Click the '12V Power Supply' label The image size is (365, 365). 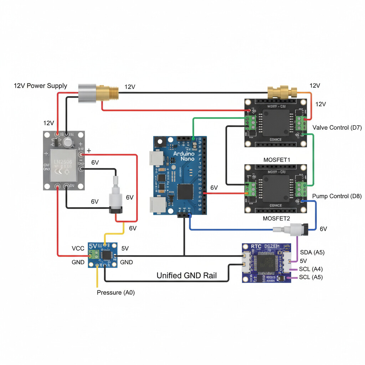pos(40,86)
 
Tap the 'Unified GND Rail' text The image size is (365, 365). pos(186,275)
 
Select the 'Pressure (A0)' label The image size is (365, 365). pos(116,293)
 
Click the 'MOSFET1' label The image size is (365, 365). pos(277,160)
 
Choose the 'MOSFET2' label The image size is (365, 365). pos(277,218)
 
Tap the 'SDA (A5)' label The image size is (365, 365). pos(312,252)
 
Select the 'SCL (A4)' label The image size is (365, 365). pos(310,269)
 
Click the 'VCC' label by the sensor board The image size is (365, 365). pos(78,248)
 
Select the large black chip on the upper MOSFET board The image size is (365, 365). pos(276,122)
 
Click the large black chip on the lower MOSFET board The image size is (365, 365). pos(276,187)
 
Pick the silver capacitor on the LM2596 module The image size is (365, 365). pos(68,142)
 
